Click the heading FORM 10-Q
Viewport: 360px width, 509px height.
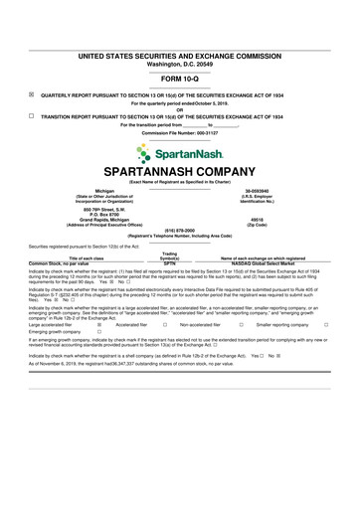coord(179,79)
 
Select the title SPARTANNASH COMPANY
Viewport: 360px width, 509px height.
coord(179,171)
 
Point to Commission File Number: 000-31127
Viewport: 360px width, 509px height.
coord(179,131)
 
